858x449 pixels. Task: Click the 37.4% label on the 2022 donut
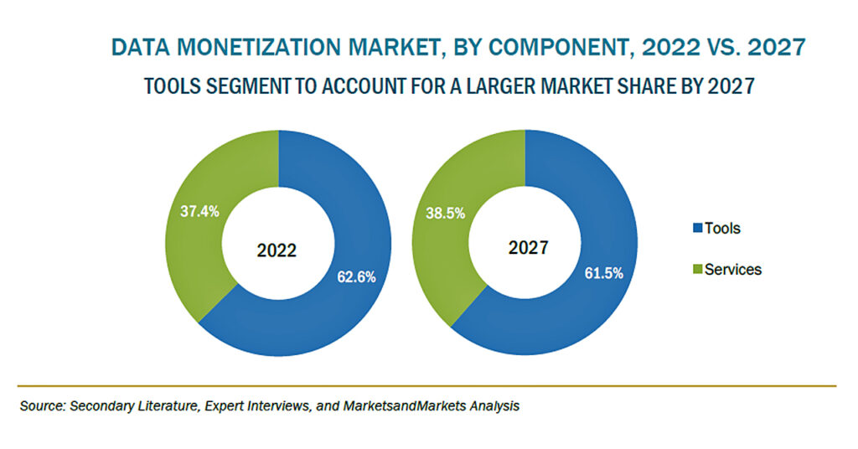point(199,211)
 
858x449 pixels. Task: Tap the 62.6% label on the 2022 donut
point(356,277)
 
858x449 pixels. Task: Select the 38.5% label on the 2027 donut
point(446,214)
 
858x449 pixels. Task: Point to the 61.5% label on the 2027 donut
point(603,273)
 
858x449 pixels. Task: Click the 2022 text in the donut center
point(277,250)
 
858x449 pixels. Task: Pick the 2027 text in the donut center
point(528,247)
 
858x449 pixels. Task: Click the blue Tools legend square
point(698,228)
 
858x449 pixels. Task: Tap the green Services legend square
point(698,269)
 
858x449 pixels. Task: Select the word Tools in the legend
point(722,228)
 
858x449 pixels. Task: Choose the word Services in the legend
point(733,269)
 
